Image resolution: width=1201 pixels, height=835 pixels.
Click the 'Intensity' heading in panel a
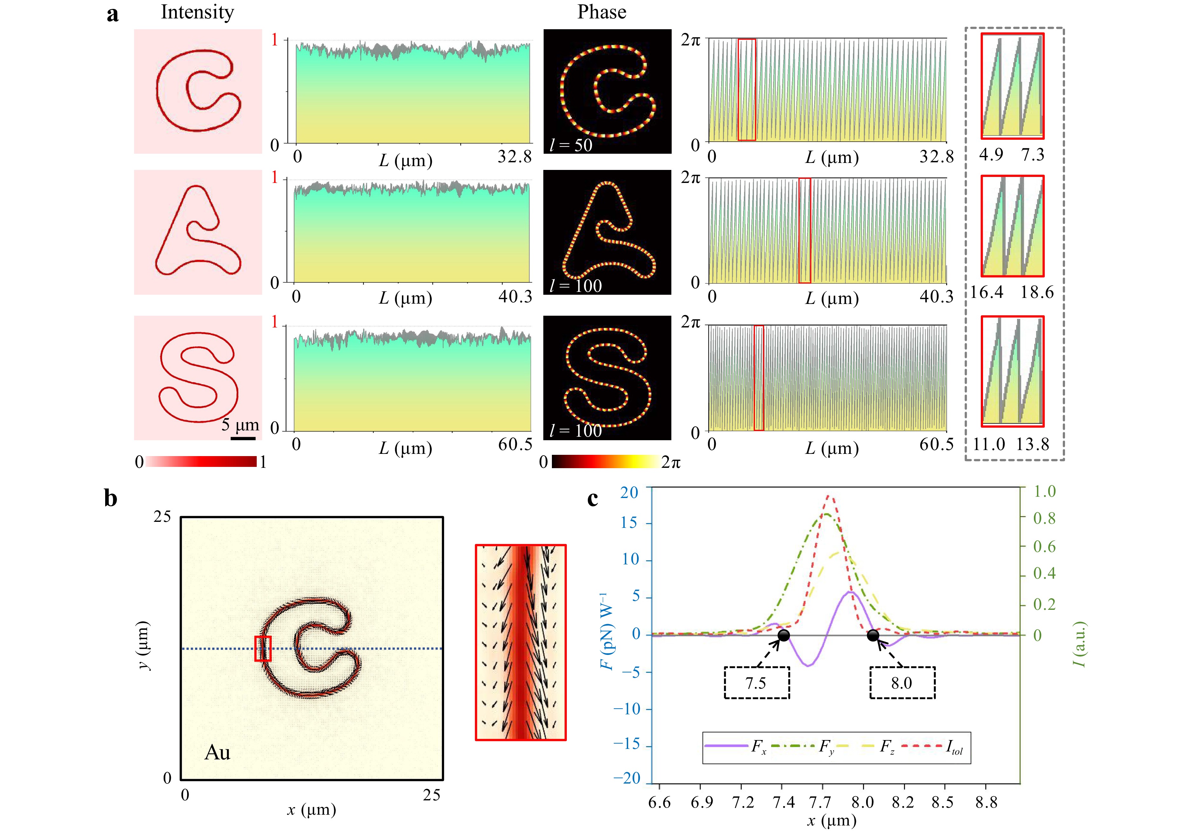(197, 12)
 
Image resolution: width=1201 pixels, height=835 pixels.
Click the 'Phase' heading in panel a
(601, 12)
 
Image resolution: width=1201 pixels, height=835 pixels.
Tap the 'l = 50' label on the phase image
(571, 144)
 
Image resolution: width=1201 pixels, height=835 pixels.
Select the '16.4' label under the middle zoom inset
(987, 292)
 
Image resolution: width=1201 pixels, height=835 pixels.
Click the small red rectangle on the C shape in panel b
(262, 648)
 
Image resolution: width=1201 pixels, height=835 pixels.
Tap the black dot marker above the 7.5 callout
(784, 635)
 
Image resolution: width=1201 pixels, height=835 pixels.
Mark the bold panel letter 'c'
(592, 498)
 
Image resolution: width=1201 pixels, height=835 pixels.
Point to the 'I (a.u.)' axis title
(1079, 644)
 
